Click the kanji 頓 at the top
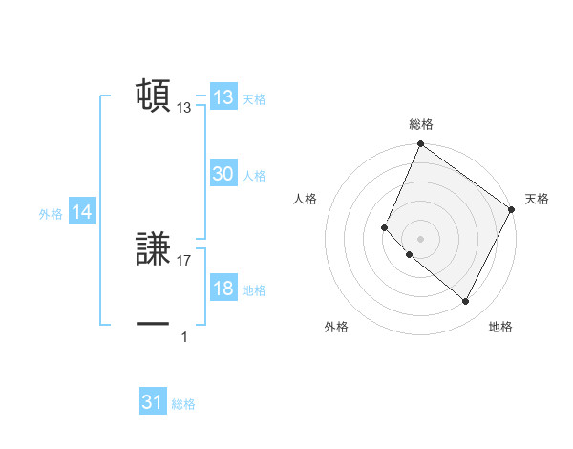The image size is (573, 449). pyautogui.click(x=153, y=96)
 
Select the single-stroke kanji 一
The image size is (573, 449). pyautogui.click(x=153, y=325)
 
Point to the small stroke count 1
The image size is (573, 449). pyautogui.click(x=184, y=336)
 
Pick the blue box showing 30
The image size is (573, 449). pyautogui.click(x=223, y=174)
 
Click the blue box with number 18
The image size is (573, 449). pyautogui.click(x=223, y=289)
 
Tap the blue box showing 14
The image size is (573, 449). pyautogui.click(x=82, y=213)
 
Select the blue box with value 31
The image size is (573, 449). pyautogui.click(x=153, y=402)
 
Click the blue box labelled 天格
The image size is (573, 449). pyautogui.click(x=223, y=97)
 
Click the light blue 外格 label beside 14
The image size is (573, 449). pyautogui.click(x=51, y=214)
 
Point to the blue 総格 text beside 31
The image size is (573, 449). pyautogui.click(x=183, y=404)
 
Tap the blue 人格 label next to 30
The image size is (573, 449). pyautogui.click(x=254, y=176)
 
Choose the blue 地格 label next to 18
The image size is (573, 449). pyautogui.click(x=254, y=290)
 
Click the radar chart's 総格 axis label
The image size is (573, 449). pyautogui.click(x=421, y=124)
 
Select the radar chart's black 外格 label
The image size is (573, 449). pyautogui.click(x=336, y=328)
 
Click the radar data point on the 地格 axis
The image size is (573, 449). pyautogui.click(x=466, y=302)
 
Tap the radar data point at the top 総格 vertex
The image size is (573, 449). pyautogui.click(x=420, y=145)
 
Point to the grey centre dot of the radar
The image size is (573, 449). pyautogui.click(x=420, y=239)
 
